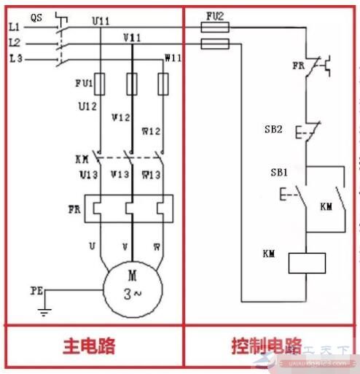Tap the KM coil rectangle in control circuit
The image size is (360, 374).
point(306,262)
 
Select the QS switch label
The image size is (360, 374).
point(36,15)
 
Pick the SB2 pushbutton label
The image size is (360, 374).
point(273,129)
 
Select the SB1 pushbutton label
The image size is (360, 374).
point(279,173)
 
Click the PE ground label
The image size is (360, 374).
point(36,290)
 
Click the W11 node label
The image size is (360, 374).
point(173,58)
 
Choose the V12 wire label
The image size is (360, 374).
point(120,116)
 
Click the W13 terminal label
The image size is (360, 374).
point(151,175)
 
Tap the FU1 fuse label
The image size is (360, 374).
point(84,83)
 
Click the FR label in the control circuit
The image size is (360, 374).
point(299,65)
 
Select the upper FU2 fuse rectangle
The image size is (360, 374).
point(214,28)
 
